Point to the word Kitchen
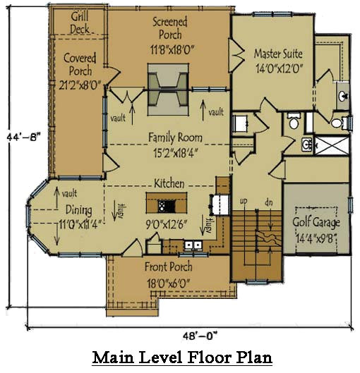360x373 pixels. tap(169, 183)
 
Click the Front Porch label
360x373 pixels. tap(169, 267)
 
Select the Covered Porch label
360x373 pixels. tap(79, 63)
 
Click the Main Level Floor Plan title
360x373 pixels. tap(182, 357)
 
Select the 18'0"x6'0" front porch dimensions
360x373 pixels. tap(169, 283)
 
